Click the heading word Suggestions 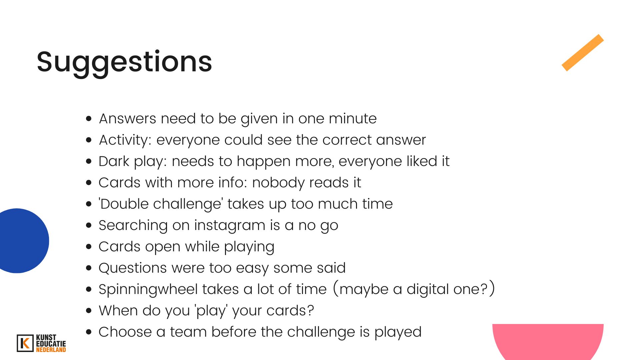click(124, 62)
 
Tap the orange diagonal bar click(583, 53)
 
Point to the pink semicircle click(548, 342)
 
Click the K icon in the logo click(25, 343)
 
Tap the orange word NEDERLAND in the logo click(51, 350)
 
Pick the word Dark click(114, 161)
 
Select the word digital click(428, 290)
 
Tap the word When click(118, 311)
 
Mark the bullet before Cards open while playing click(89, 247)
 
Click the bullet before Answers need click(89, 119)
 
